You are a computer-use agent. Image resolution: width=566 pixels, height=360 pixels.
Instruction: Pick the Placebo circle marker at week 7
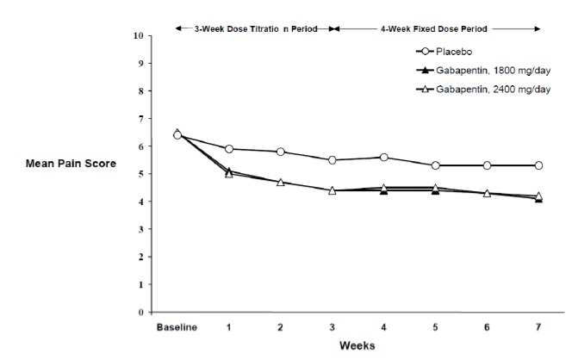[538, 165]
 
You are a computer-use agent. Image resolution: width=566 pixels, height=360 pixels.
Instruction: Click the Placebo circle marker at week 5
[435, 165]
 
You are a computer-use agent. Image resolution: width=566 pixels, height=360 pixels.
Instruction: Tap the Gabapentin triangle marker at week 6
[487, 193]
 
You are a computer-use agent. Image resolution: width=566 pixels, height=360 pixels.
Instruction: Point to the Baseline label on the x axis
[177, 327]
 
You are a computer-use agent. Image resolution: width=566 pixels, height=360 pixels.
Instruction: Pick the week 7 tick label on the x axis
[538, 327]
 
